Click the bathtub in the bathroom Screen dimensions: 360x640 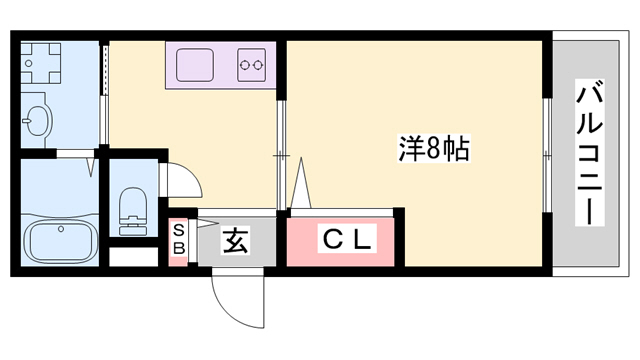click(59, 241)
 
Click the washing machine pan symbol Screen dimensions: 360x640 click(43, 66)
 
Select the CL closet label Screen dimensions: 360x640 click(346, 240)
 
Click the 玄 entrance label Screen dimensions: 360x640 click(235, 240)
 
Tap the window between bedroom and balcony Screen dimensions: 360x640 click(547, 156)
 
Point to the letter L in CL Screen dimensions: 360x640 click(362, 240)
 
